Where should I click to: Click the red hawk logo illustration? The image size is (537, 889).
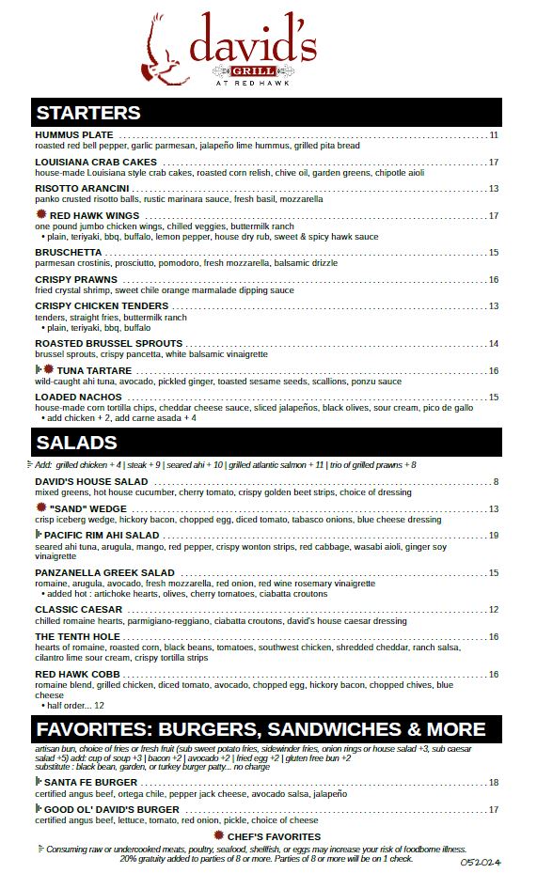tap(164, 53)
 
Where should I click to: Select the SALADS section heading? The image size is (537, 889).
tap(76, 443)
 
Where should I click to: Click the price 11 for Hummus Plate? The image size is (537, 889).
tap(494, 135)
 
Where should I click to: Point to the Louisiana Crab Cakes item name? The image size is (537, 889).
tap(96, 163)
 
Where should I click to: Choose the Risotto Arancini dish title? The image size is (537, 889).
tap(82, 189)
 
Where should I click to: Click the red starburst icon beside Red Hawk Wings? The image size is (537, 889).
tap(40, 215)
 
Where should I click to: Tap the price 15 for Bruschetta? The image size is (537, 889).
tap(494, 253)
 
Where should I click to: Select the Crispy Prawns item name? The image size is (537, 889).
tap(76, 280)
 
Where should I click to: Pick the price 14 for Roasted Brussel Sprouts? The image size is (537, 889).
tap(494, 344)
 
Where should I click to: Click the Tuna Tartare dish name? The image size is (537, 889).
tap(100, 371)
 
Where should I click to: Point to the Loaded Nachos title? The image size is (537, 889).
tap(78, 398)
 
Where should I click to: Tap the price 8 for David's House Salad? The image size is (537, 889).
tap(496, 482)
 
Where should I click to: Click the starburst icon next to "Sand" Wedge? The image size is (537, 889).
tap(40, 508)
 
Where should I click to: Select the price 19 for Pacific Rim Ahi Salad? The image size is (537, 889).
tap(494, 536)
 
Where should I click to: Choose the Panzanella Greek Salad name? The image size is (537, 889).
tap(104, 573)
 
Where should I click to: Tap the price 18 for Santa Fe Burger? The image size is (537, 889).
tap(494, 783)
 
